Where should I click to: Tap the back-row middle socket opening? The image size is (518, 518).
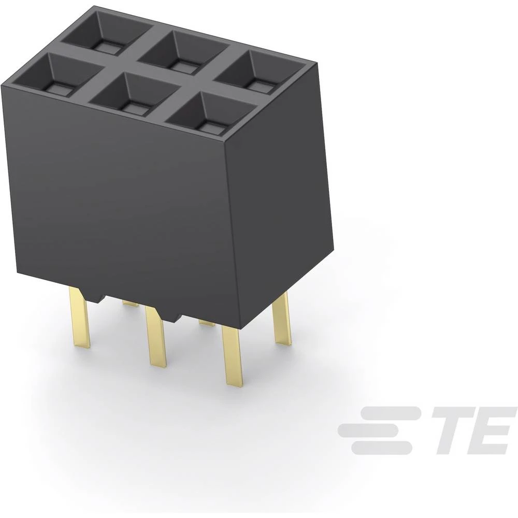coord(184,52)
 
